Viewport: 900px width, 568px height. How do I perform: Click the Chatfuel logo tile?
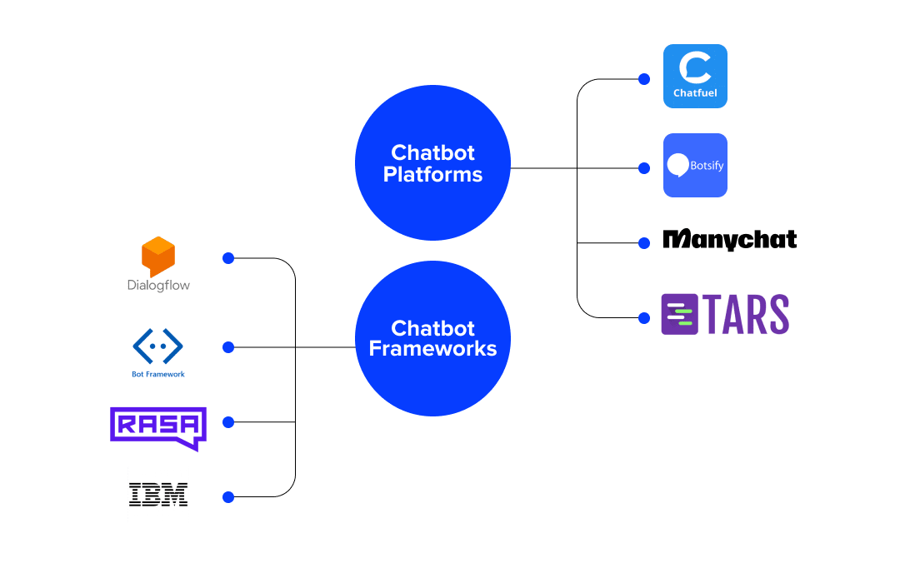click(x=695, y=76)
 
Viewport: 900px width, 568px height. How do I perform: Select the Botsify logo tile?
click(x=695, y=165)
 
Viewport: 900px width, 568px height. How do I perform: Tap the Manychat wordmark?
click(x=729, y=240)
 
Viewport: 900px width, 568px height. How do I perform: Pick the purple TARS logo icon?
click(x=679, y=315)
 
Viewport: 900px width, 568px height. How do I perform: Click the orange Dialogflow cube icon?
click(x=158, y=257)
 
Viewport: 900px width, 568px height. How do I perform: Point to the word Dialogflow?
click(x=158, y=286)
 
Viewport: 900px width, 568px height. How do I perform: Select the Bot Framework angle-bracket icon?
click(x=158, y=346)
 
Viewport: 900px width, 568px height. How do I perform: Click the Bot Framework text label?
click(x=158, y=375)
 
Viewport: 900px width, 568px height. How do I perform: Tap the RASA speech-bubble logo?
click(x=158, y=427)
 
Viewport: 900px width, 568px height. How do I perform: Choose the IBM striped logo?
click(x=158, y=495)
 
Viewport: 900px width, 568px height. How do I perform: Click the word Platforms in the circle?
click(x=432, y=175)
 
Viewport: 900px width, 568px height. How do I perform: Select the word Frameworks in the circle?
click(x=432, y=349)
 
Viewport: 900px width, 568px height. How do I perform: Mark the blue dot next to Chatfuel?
click(x=643, y=79)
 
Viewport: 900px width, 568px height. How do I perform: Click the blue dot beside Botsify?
click(x=643, y=168)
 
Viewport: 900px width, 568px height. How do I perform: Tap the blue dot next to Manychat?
click(x=643, y=243)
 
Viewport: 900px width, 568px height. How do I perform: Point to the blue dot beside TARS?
click(x=643, y=317)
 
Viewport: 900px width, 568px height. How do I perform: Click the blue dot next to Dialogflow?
click(x=228, y=258)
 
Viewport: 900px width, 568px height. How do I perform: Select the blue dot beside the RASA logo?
click(x=228, y=422)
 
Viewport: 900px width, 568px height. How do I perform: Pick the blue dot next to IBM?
click(x=228, y=497)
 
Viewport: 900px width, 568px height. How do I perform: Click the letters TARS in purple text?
click(x=747, y=315)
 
